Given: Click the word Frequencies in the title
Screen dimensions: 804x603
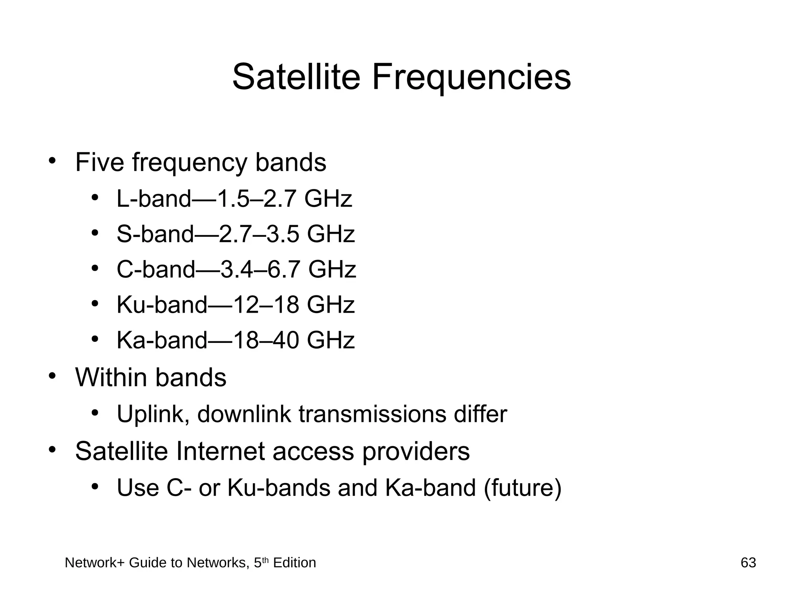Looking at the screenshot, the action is (471, 78).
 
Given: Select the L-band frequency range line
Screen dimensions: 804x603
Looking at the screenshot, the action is (234, 199).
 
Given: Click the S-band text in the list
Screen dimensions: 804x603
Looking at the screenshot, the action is (155, 234).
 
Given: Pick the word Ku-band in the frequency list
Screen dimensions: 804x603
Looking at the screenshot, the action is (162, 305).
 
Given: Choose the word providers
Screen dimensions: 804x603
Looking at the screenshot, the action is (416, 452).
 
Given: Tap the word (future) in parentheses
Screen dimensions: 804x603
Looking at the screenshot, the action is (523, 488).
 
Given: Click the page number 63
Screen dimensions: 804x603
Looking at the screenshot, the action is (748, 563).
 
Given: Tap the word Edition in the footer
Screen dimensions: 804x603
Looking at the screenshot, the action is (294, 563).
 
